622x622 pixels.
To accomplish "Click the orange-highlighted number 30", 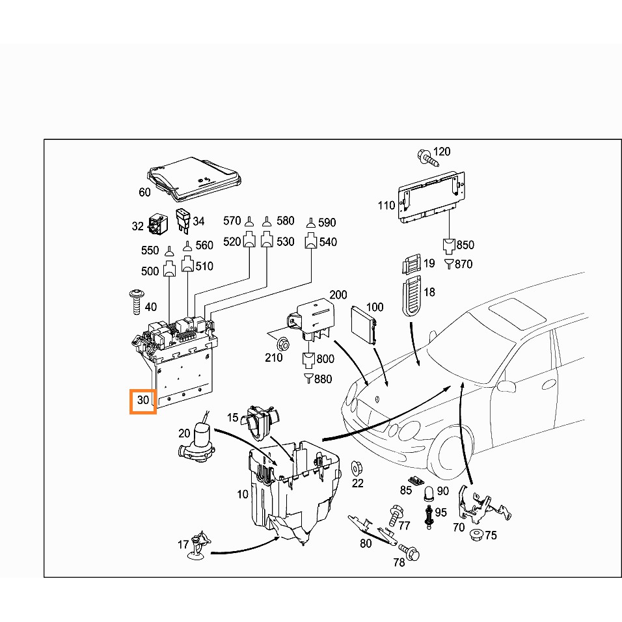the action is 142,400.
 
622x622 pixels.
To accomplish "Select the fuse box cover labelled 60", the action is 195,179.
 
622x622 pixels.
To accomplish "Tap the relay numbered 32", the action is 158,224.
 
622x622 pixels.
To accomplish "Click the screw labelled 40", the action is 137,303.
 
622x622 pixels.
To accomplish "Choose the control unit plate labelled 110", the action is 431,197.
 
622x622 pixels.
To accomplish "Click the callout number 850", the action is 465,245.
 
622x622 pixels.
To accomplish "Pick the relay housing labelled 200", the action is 312,320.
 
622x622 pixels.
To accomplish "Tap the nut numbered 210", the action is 283,343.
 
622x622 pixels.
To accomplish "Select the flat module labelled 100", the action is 362,325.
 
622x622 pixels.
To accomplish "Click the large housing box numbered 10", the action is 293,492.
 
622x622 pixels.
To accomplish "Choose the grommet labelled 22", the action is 357,469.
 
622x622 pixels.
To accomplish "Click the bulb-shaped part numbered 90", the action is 429,493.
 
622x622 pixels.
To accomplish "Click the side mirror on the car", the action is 506,386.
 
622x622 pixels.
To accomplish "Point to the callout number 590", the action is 327,223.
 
